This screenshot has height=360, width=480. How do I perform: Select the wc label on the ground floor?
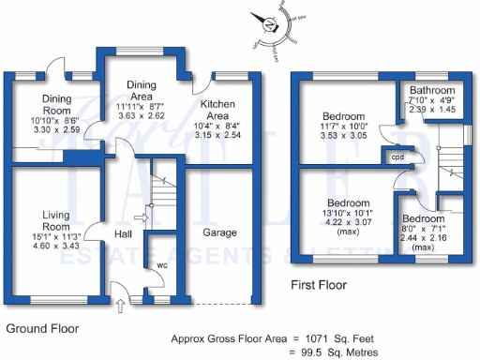[x=162, y=265]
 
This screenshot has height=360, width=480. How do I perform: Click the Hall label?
[x=123, y=233]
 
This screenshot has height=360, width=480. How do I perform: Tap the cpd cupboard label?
[x=397, y=157]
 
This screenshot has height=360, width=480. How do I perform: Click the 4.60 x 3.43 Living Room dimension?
[x=56, y=246]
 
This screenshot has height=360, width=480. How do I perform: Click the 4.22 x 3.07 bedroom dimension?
[x=348, y=223]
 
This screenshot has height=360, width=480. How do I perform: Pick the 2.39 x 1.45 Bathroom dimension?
[x=432, y=110]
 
